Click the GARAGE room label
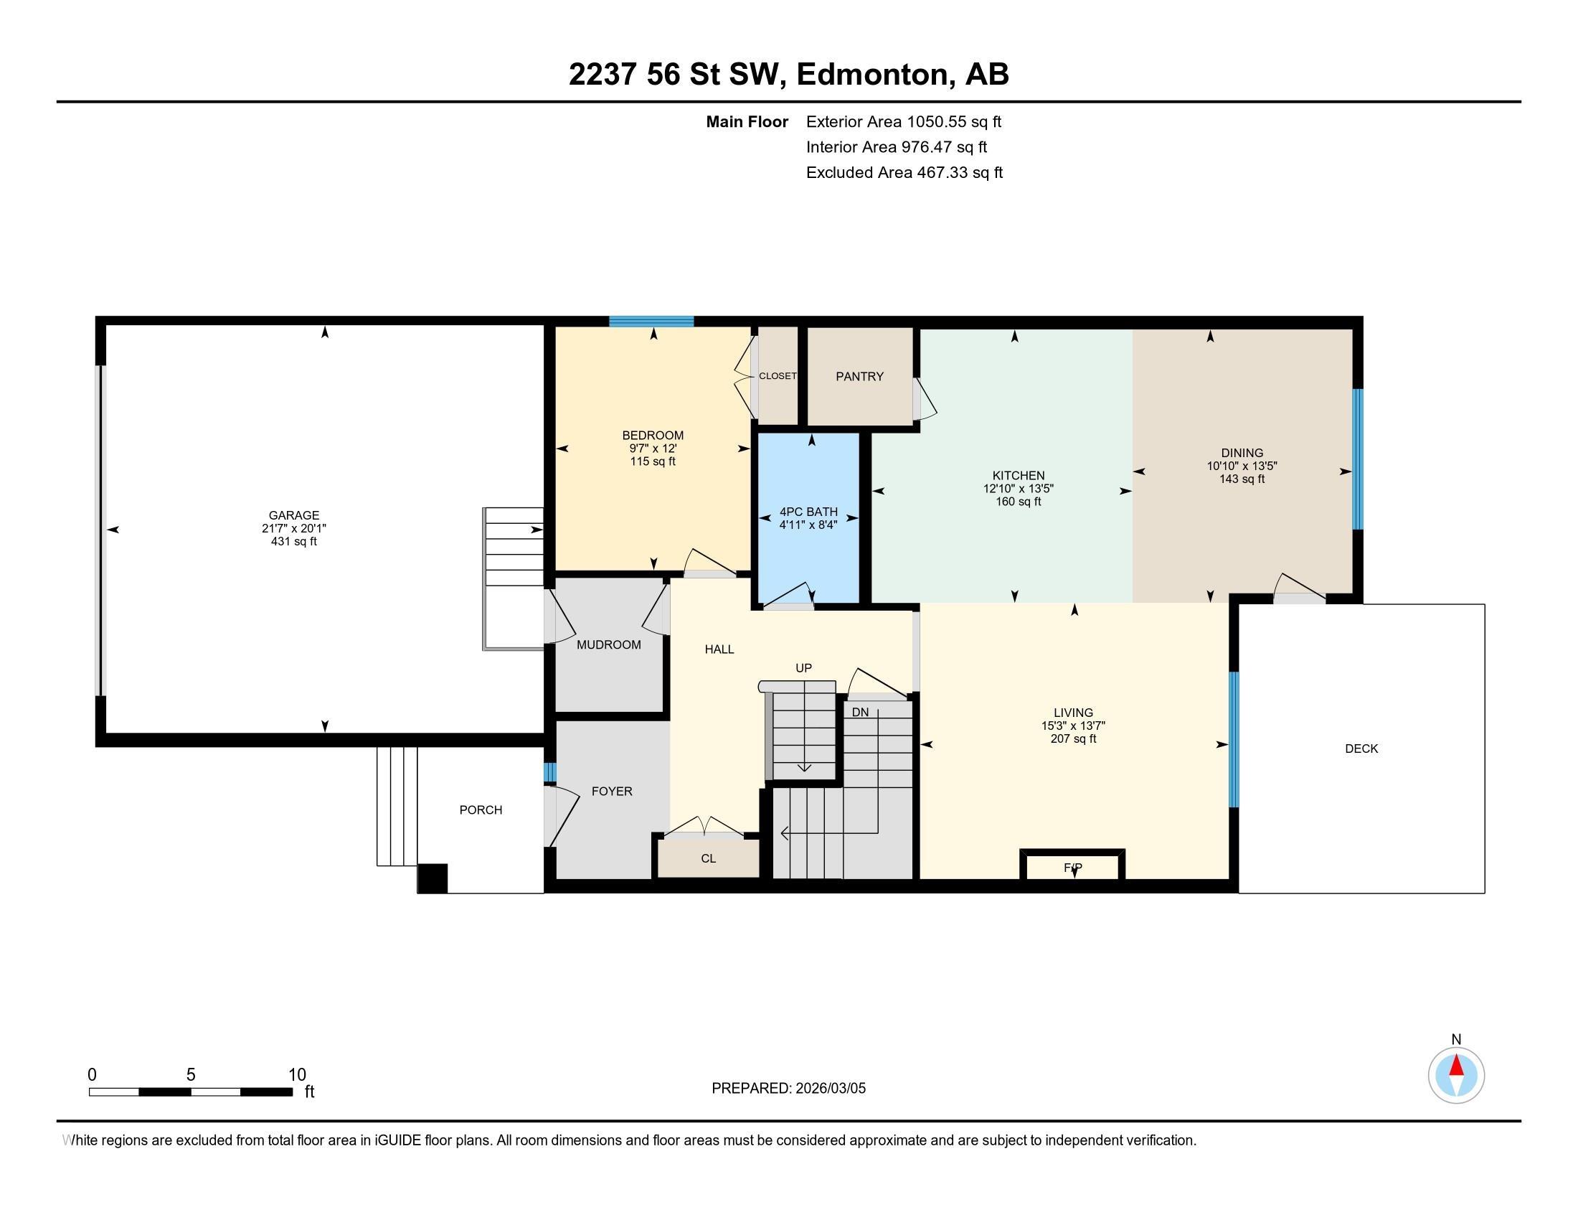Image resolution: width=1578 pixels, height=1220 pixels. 293,515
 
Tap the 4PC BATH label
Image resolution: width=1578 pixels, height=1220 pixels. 808,512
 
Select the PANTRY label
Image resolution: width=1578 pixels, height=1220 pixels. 859,377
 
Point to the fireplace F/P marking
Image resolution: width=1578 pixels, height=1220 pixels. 1073,868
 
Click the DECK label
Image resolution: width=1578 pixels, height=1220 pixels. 1361,749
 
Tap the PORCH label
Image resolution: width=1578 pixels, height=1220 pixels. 481,810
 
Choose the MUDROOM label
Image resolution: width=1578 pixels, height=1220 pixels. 608,644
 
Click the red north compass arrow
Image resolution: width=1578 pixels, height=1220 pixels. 1457,1066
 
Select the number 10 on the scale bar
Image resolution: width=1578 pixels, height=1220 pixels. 297,1075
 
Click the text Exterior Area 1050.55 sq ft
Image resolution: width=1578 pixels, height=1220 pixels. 903,121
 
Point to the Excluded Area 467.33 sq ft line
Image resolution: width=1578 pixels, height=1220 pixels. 904,172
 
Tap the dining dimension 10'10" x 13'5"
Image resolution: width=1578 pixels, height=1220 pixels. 1242,466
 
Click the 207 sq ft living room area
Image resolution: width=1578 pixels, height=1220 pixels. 1073,738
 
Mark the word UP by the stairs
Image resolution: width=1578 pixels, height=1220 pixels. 803,668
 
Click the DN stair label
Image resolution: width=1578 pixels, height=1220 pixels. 860,712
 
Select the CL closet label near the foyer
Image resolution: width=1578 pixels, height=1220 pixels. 708,858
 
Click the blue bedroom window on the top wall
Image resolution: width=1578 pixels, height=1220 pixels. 651,322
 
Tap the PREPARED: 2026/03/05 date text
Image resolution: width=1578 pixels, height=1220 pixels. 788,1089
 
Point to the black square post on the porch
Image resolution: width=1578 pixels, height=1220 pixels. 433,879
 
